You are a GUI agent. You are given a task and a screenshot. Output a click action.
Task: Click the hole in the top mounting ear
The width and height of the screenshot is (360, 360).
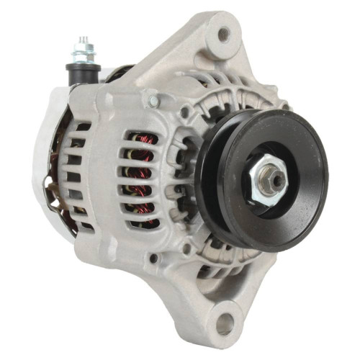[224, 33]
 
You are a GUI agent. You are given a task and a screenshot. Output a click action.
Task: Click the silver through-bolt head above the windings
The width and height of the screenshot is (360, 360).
[153, 102]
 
